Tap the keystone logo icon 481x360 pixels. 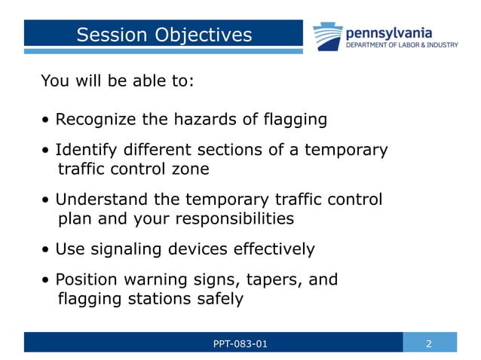click(329, 36)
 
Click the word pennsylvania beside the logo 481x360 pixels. click(388, 32)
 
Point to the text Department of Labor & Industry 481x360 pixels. click(401, 45)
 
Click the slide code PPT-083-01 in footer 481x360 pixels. click(240, 344)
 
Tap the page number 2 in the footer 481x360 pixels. click(429, 344)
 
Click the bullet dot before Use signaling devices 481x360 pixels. click(47, 250)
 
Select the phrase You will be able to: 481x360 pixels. click(117, 80)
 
